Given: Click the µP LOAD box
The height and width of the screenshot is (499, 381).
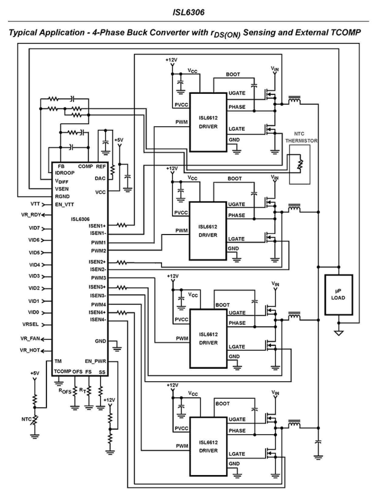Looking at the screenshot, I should (x=339, y=295).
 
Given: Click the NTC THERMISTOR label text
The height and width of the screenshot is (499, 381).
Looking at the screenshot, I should (x=301, y=137).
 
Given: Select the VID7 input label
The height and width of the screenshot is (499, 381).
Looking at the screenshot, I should (x=34, y=228).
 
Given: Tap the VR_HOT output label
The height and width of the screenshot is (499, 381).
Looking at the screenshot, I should (x=30, y=350).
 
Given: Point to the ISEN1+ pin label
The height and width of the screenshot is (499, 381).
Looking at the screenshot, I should (x=97, y=226).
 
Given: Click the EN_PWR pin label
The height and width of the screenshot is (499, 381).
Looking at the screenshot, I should (x=95, y=361).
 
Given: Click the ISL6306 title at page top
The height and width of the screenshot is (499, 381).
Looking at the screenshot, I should (x=188, y=12).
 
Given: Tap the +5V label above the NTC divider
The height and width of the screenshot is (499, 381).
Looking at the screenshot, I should (x=35, y=373).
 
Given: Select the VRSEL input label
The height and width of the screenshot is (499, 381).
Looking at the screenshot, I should (x=30, y=324).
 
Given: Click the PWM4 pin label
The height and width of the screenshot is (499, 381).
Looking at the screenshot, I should (x=98, y=305).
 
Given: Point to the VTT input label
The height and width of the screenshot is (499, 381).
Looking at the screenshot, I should (x=35, y=204).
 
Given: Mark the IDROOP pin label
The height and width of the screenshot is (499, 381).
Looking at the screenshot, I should (x=65, y=173).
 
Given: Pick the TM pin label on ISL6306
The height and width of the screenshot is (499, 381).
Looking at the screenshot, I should (x=58, y=361).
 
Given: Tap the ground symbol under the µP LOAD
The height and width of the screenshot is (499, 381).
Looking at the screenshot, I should (x=339, y=333).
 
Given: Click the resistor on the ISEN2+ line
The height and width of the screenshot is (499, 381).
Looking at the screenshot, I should (x=122, y=262).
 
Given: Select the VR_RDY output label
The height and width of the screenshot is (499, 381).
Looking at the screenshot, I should (x=31, y=215).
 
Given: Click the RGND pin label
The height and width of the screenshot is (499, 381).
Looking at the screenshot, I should (x=62, y=196).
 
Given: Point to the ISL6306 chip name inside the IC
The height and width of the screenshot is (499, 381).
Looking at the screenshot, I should (x=80, y=219).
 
